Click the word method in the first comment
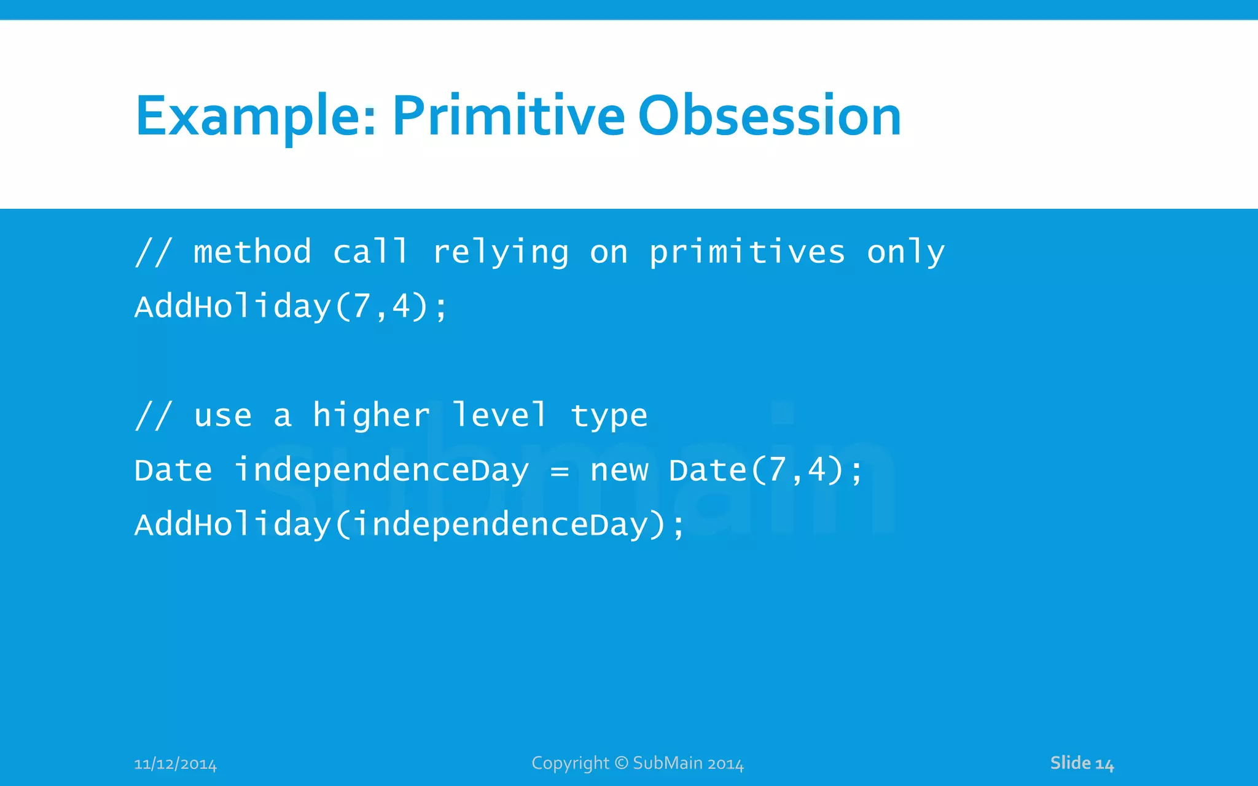point(252,252)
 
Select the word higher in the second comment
point(371,415)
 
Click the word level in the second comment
point(499,415)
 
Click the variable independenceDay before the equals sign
point(381,471)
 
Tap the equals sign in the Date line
point(559,472)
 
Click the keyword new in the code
point(619,471)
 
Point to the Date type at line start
point(173,471)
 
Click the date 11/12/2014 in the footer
point(175,764)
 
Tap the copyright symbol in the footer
point(621,763)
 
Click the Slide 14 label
point(1081,763)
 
